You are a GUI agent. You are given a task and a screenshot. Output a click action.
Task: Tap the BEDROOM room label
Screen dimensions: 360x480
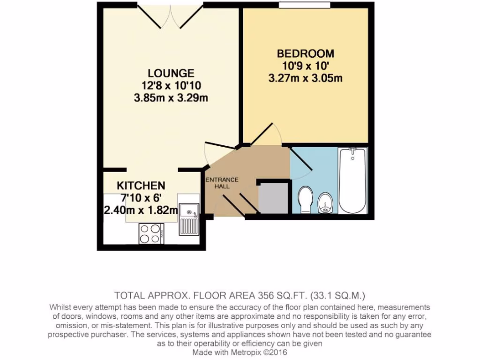point(305,53)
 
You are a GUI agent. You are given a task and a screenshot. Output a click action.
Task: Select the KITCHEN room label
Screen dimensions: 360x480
point(141,185)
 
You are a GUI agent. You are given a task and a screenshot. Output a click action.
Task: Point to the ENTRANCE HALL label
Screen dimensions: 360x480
point(222,183)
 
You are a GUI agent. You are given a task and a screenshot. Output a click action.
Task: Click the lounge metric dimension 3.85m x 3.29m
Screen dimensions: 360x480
point(171,98)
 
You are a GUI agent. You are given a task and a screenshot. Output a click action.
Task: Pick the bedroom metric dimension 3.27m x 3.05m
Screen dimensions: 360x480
point(305,78)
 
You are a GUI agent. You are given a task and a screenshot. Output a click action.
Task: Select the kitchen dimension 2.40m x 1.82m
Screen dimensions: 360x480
point(141,210)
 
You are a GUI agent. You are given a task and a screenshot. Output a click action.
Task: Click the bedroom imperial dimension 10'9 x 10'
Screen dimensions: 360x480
point(305,66)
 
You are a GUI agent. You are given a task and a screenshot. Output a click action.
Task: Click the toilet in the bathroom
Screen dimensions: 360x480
point(306,200)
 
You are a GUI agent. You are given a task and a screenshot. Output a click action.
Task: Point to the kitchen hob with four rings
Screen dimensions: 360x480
point(151,233)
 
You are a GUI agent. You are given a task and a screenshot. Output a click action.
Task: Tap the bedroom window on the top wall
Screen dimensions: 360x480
point(304,5)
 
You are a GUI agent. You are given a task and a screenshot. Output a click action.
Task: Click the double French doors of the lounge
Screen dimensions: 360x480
point(170,16)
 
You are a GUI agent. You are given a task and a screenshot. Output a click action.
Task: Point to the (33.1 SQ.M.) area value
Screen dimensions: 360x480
point(337,295)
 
